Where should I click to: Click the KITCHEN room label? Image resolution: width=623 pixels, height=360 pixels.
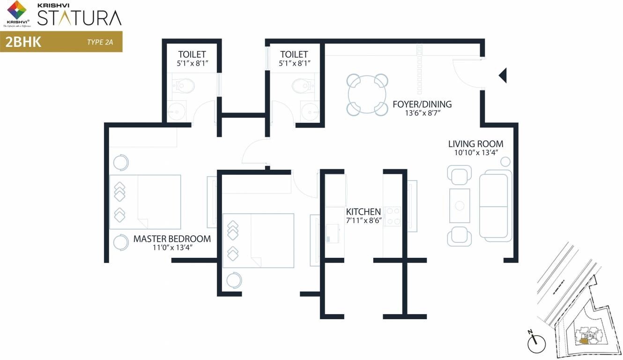point(363,211)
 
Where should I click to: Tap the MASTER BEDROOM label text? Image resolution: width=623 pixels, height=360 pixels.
point(172,239)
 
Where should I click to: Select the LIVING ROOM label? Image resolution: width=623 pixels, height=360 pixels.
point(475,144)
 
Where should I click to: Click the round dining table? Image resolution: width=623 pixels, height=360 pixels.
point(368,94)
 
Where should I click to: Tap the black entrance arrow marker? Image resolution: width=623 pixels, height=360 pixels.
point(502,75)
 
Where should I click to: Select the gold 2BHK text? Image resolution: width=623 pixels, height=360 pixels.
point(23,42)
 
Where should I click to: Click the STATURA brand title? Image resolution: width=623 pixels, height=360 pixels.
point(79,18)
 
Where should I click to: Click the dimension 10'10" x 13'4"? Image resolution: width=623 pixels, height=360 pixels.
point(475,152)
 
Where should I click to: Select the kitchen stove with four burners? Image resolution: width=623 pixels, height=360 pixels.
point(393,216)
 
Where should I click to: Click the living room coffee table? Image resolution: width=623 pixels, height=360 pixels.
point(460,205)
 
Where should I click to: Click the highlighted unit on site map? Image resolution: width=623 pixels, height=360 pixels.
point(583,340)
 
